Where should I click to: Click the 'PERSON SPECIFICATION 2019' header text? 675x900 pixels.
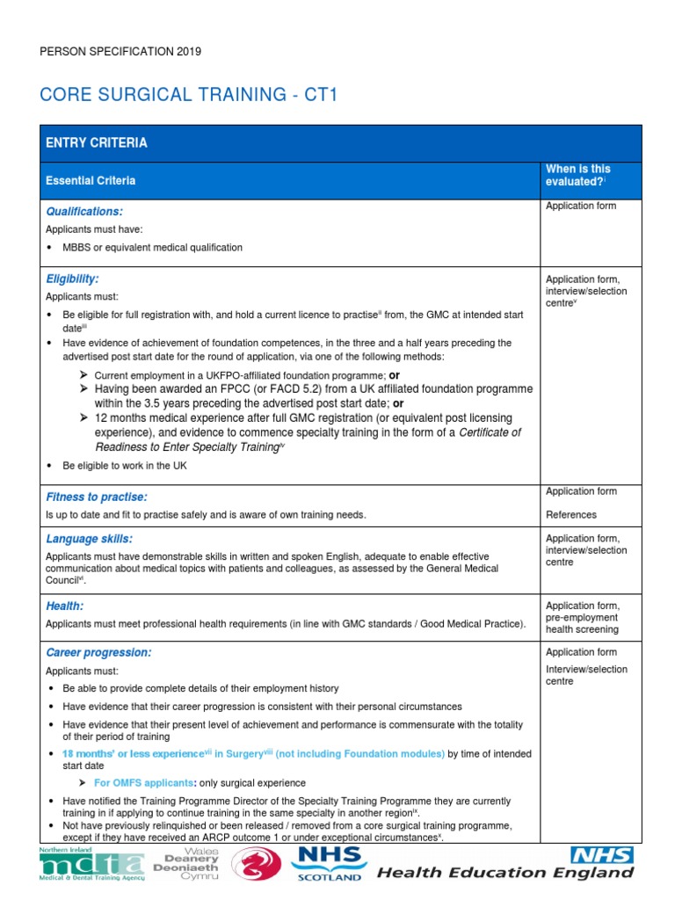click(121, 52)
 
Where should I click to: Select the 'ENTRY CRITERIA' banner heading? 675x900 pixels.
click(97, 142)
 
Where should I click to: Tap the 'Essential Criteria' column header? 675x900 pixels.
click(91, 180)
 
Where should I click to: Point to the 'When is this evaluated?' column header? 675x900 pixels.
click(577, 175)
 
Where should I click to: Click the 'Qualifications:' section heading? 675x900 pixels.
click(84, 212)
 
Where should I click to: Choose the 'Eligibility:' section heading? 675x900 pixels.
click(72, 279)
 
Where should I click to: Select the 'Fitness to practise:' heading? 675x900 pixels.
click(96, 497)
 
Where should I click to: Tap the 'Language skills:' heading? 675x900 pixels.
click(89, 538)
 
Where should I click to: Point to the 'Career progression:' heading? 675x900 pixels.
click(98, 653)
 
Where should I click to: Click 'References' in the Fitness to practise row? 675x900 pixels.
click(570, 515)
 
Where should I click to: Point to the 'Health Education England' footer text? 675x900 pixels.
click(505, 873)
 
